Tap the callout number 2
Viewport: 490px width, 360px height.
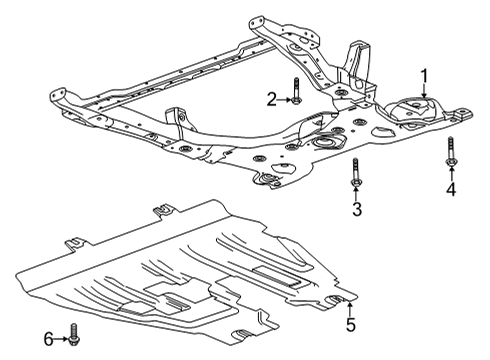tap(271, 98)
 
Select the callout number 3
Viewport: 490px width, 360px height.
tap(356, 207)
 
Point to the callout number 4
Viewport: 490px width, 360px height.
tap(450, 188)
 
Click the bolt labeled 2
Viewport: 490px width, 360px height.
tap(297, 91)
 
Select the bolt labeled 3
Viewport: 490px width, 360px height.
tap(355, 170)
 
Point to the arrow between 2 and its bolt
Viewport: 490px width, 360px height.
tap(284, 98)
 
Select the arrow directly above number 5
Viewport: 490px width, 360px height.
tap(350, 306)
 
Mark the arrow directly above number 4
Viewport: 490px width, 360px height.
tap(450, 172)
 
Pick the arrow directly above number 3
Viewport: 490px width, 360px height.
tap(356, 191)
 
